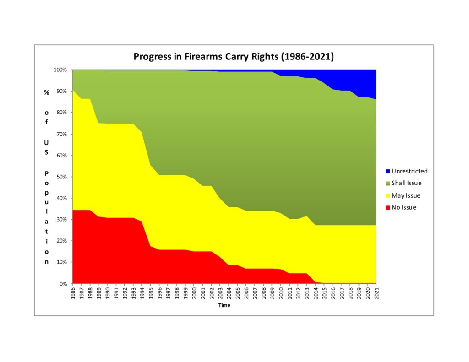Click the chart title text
(x=234, y=57)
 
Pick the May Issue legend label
(x=407, y=195)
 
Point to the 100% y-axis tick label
(x=60, y=70)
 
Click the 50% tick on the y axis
(x=61, y=177)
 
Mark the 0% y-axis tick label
(x=63, y=284)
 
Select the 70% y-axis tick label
(x=61, y=134)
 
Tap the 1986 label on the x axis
(x=73, y=293)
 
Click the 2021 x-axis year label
(x=376, y=293)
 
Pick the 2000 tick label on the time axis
(x=194, y=293)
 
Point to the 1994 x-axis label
(x=142, y=293)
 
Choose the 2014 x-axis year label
(x=316, y=293)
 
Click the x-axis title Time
(x=224, y=305)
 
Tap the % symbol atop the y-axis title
(x=46, y=92)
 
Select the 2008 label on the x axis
(x=263, y=293)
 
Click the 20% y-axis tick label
(x=61, y=241)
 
